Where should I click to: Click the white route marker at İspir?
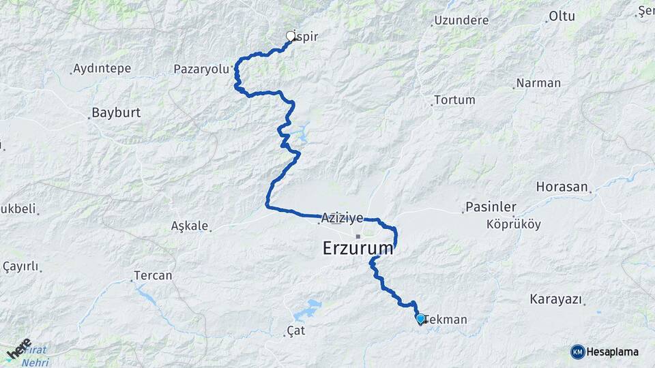(x=291, y=36)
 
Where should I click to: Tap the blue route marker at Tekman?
(x=420, y=318)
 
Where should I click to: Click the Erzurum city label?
(x=358, y=248)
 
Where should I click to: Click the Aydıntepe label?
(x=102, y=68)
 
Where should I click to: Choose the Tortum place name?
(x=454, y=99)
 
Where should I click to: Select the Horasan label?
(x=562, y=186)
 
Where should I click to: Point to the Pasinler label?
(x=491, y=206)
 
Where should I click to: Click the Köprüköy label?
(x=514, y=224)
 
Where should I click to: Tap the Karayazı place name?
(x=555, y=299)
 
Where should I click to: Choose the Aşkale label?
(x=190, y=226)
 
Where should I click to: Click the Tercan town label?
(x=154, y=276)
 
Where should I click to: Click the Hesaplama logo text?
(x=612, y=352)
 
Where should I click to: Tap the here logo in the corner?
(x=18, y=350)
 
